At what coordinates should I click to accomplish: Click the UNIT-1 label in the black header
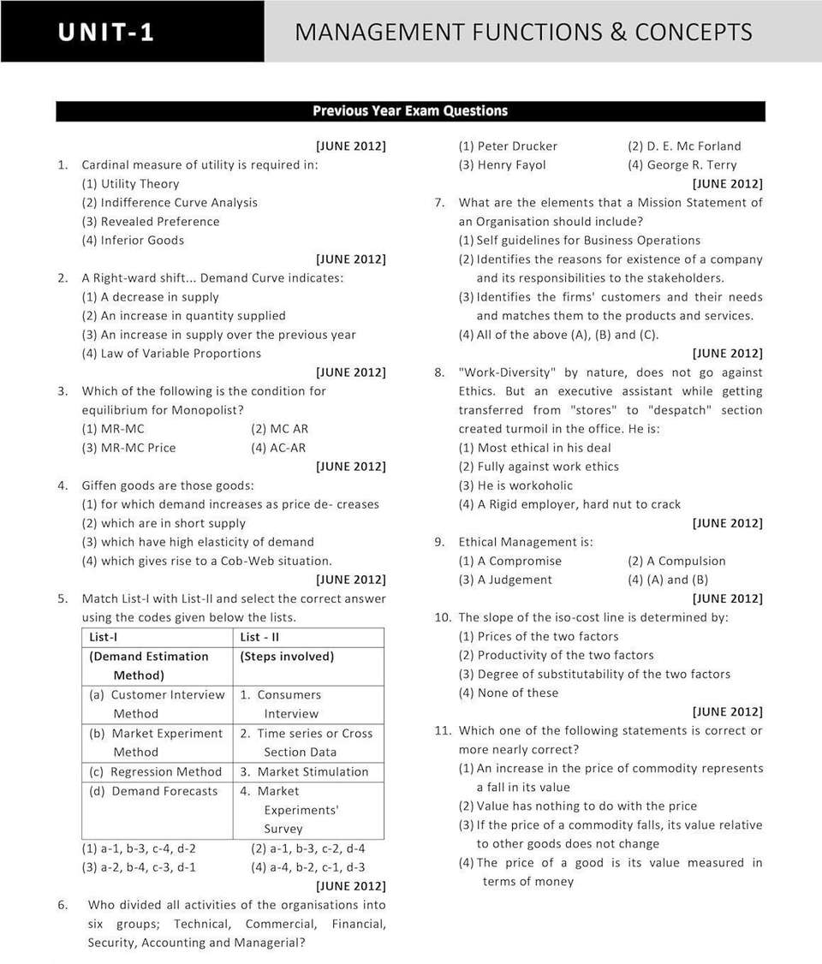(x=106, y=33)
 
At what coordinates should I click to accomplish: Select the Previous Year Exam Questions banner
(x=410, y=111)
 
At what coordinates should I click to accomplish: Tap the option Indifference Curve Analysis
(x=178, y=203)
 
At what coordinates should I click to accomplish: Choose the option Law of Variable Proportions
(x=180, y=354)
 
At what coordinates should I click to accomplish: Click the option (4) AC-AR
(x=278, y=448)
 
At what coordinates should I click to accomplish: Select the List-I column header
(x=104, y=637)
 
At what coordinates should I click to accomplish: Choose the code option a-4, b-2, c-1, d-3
(x=308, y=867)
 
